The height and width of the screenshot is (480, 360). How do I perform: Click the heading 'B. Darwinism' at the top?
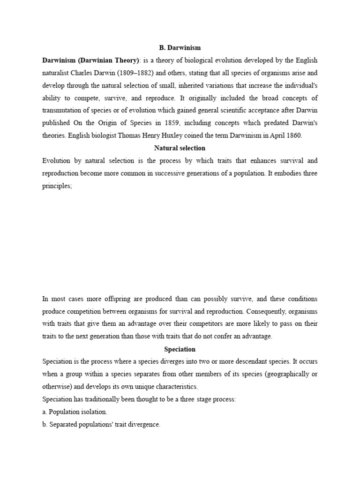click(180, 47)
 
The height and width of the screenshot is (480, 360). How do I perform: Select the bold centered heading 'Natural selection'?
click(180, 148)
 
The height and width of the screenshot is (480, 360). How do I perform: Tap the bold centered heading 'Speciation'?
click(180, 349)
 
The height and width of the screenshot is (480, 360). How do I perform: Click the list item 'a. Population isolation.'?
click(75, 412)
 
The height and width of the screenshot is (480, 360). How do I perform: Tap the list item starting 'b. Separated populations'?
click(101, 425)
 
